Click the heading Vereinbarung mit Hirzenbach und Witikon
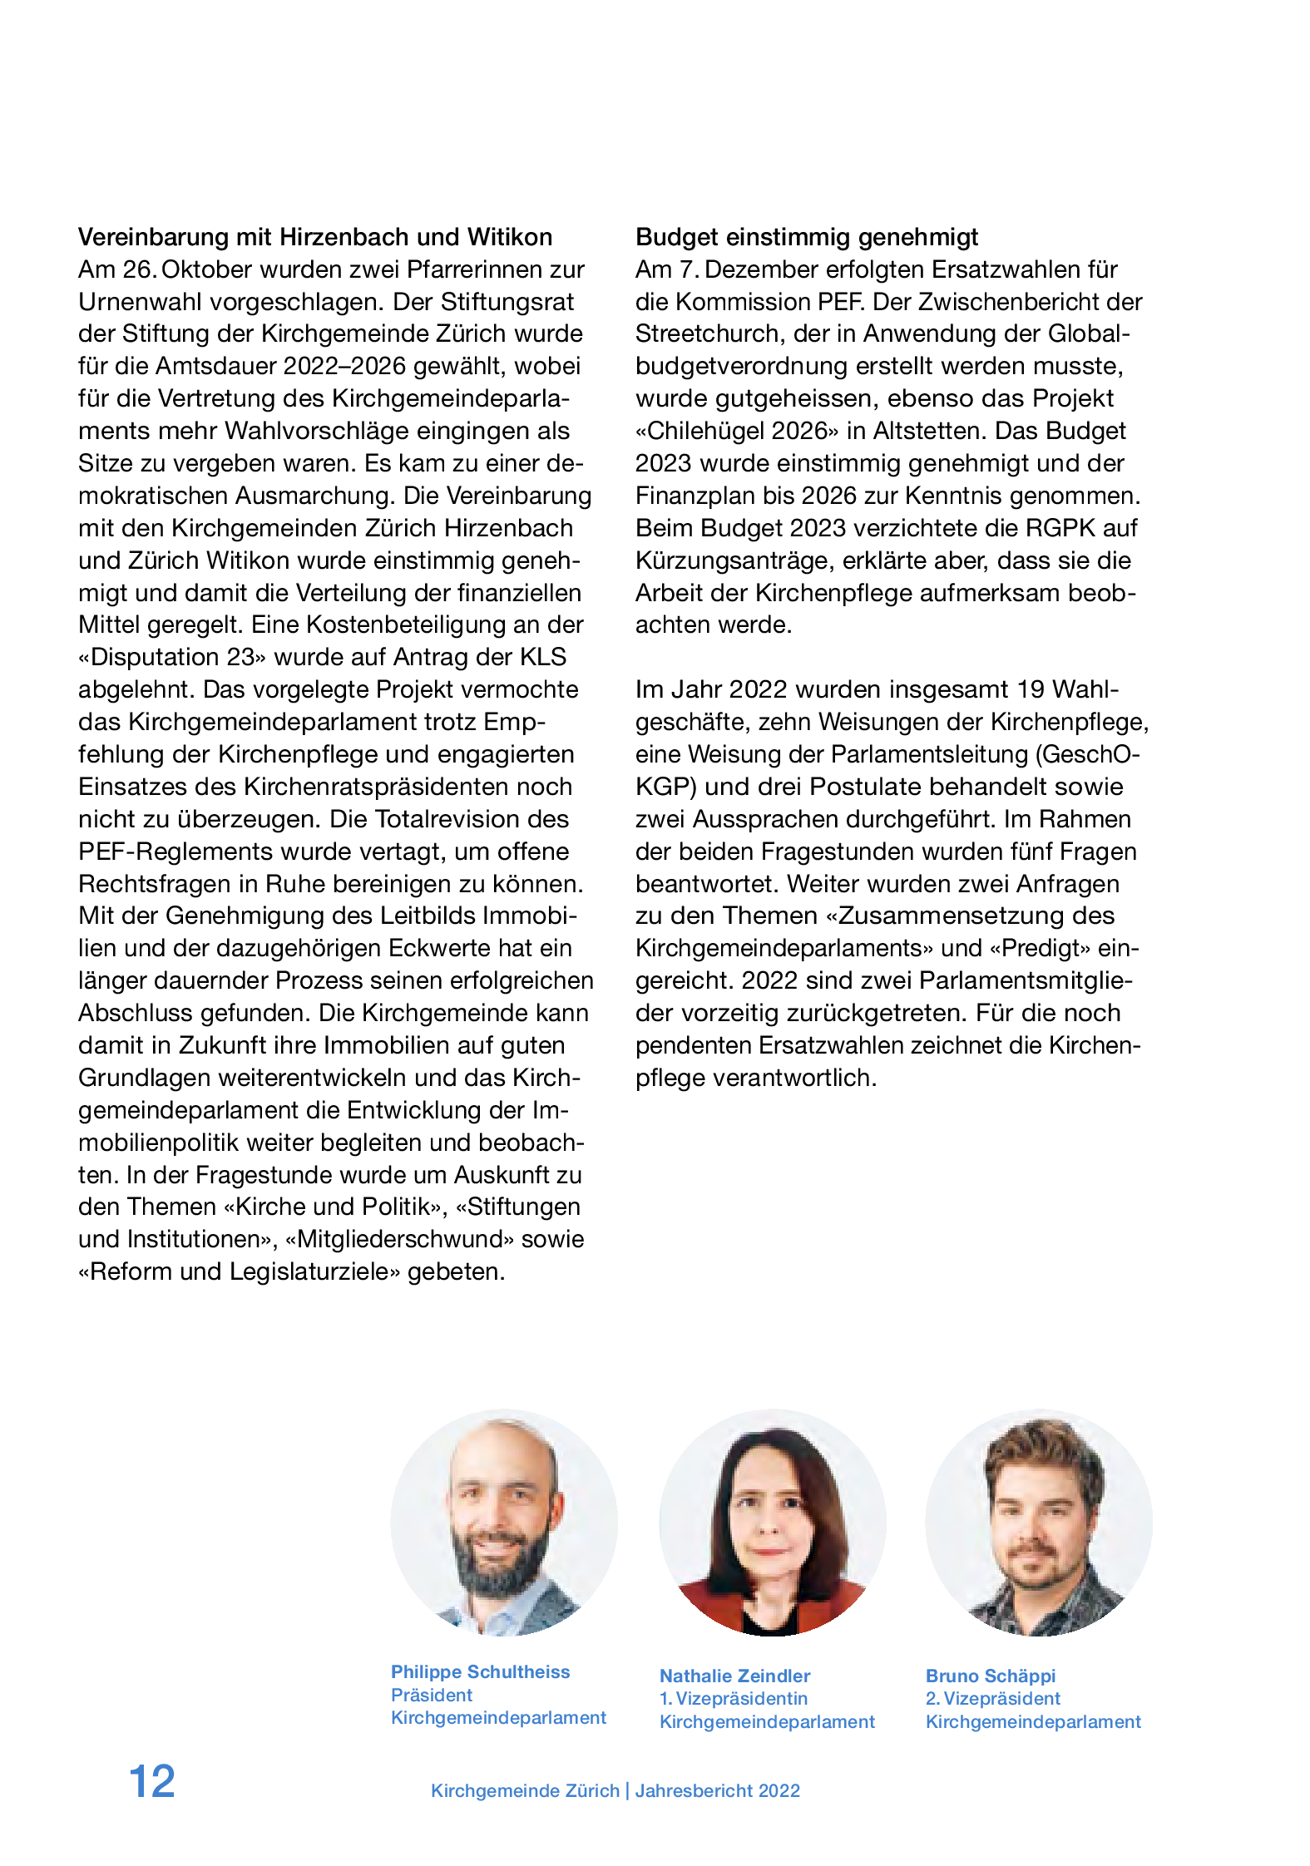[x=315, y=237]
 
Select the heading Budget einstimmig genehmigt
[x=807, y=237]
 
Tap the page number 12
[x=152, y=1781]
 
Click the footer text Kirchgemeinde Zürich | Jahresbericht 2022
[x=615, y=1790]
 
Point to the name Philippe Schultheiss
[x=481, y=1671]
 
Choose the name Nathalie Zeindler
[x=734, y=1676]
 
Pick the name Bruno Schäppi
[x=991, y=1676]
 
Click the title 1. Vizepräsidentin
[x=734, y=1698]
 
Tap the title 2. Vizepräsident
[x=993, y=1698]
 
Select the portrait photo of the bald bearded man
[x=504, y=1522]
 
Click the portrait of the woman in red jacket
[x=773, y=1522]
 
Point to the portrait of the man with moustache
[x=1039, y=1522]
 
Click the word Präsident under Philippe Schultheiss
[x=432, y=1695]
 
